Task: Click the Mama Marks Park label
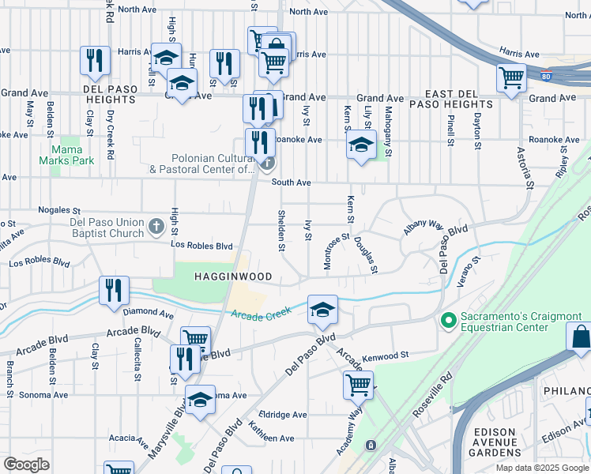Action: pos(73,154)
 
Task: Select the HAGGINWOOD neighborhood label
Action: pos(234,276)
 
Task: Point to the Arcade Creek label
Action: pos(261,315)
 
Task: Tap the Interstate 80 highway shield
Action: pos(546,77)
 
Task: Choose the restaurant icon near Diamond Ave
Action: pos(114,290)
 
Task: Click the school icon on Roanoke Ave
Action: pos(361,145)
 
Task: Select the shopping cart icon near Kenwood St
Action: pos(357,386)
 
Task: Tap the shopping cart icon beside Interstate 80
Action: pos(511,77)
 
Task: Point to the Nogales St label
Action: pos(66,211)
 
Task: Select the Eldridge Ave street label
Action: pos(288,414)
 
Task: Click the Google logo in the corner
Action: pos(26,464)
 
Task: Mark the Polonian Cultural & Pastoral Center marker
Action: pos(268,164)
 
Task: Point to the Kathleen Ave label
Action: pos(271,438)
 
